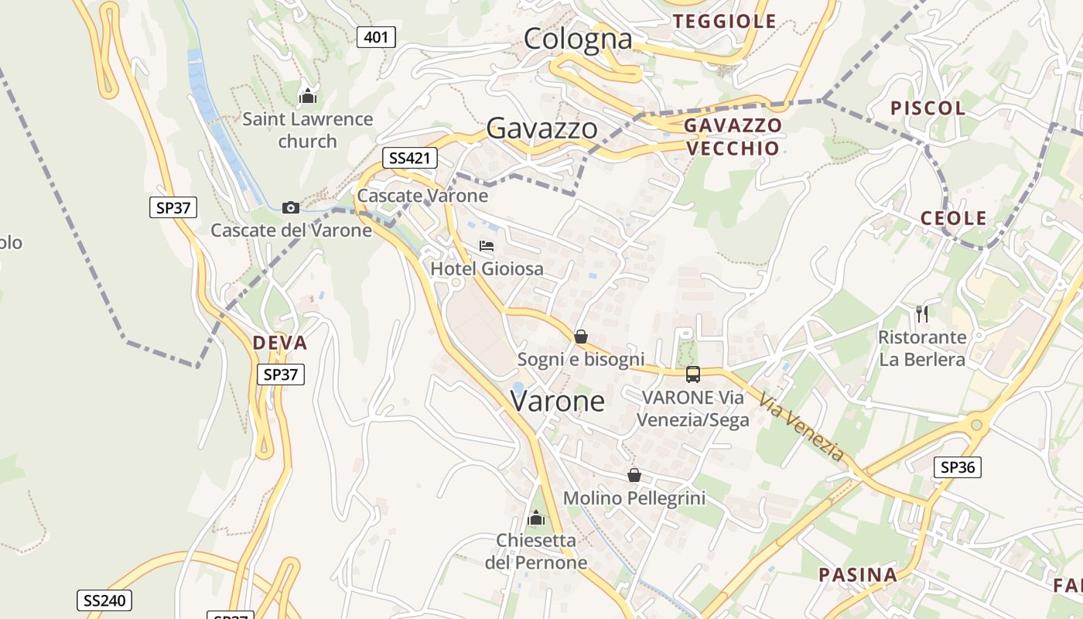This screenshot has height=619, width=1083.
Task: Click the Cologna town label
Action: coord(578,39)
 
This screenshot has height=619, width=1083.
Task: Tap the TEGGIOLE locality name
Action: coord(724,22)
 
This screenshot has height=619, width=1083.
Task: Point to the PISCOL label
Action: coord(928,108)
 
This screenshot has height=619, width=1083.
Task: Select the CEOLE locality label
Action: coord(953,219)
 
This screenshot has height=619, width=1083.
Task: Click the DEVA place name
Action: coord(279,343)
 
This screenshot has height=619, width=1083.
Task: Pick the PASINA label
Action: coord(858,575)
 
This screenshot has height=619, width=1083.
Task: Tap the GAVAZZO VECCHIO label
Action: coord(732,137)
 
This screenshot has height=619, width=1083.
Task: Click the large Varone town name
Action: coord(557,401)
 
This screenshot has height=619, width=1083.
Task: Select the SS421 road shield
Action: coord(409,159)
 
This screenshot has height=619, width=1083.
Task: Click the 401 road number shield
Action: coord(376,36)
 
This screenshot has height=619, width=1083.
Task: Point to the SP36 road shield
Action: coord(957,467)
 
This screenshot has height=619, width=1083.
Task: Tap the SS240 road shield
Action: coord(104,600)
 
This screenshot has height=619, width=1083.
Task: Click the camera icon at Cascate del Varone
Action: coord(291,207)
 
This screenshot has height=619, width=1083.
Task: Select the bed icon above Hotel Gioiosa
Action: coord(487,246)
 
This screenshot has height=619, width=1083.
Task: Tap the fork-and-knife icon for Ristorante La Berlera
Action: coord(921,313)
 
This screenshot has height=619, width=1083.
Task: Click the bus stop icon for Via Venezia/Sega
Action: coord(692,374)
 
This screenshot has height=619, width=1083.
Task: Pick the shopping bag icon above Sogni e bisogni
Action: coord(580,337)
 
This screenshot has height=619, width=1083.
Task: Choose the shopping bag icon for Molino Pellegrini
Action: coord(634,475)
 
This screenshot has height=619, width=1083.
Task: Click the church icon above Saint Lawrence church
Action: coord(308,97)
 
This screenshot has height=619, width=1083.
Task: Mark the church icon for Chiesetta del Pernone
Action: coord(535,518)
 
